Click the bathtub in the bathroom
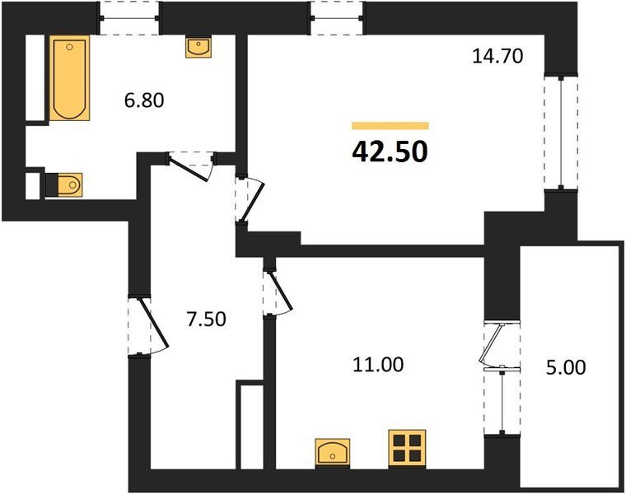tap(69, 78)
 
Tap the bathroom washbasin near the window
tap(199, 47)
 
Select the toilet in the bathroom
tap(64, 184)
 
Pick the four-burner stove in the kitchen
tap(407, 449)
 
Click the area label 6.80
tap(144, 100)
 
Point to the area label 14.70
tap(498, 56)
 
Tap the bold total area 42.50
tap(390, 152)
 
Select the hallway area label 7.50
tap(207, 319)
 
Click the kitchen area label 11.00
tap(378, 365)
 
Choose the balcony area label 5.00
tap(566, 367)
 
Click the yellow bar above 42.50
tap(390, 126)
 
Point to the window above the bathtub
tap(129, 18)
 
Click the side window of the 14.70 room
tap(561, 131)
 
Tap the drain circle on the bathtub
tap(69, 47)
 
